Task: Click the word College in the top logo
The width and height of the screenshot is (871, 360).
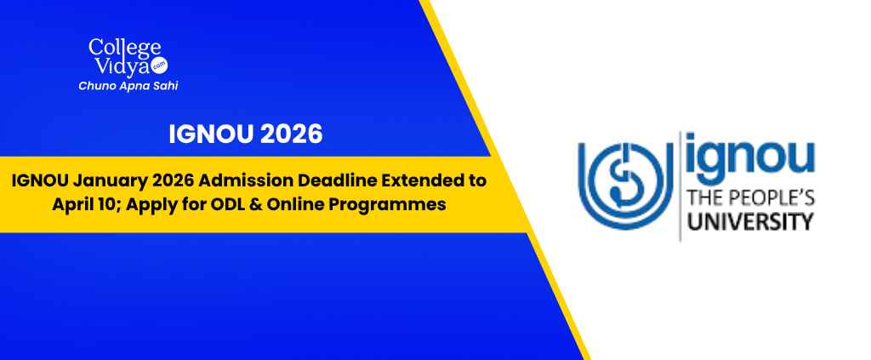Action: [124, 48]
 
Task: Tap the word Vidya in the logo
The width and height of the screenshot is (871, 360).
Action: [122, 66]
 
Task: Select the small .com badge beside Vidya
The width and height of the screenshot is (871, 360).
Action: [159, 65]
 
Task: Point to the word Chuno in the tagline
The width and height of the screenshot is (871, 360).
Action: [95, 86]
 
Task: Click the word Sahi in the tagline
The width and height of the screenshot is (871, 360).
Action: [165, 86]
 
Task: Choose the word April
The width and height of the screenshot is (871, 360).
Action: [71, 204]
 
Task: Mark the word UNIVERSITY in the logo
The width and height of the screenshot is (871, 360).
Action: [751, 221]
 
